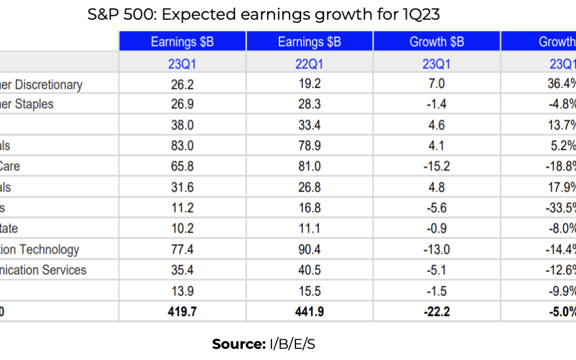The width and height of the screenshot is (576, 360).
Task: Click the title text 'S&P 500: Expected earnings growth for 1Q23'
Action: coord(263,15)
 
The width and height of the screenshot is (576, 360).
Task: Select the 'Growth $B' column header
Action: coord(436,42)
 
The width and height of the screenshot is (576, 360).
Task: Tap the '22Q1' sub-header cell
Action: coord(309,64)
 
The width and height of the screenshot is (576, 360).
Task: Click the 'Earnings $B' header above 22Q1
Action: coord(309,42)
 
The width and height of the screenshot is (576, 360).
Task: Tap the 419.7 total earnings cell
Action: coord(182,311)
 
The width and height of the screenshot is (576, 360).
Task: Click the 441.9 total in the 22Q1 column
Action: coord(309,311)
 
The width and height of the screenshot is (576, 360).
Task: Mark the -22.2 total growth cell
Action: coord(436,311)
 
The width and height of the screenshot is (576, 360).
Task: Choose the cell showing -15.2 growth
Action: coord(436,166)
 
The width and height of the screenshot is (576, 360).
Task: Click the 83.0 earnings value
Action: coord(182,146)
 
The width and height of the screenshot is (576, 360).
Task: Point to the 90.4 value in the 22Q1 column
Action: coord(309,250)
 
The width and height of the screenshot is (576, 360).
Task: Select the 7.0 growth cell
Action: coord(436,85)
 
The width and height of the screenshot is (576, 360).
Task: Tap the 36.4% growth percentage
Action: coord(562,85)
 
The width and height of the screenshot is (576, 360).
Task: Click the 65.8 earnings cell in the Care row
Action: coord(182,166)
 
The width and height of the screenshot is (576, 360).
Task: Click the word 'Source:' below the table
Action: coord(238,345)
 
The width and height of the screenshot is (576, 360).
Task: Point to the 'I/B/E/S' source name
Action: coord(291,345)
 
